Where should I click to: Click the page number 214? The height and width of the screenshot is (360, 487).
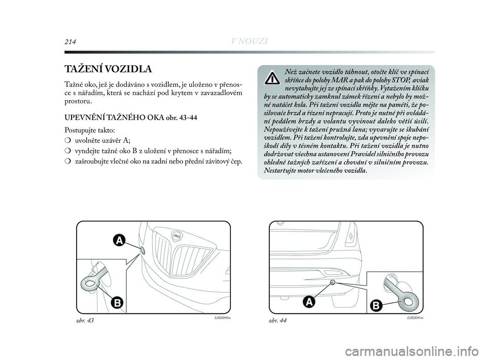pos(69,41)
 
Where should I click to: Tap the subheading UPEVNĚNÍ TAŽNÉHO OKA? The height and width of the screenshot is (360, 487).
pos(109,118)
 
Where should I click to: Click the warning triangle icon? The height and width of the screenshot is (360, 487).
pos(272,78)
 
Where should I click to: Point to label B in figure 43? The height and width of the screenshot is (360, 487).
pos(117,303)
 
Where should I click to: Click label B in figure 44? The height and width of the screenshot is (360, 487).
pos(376,305)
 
